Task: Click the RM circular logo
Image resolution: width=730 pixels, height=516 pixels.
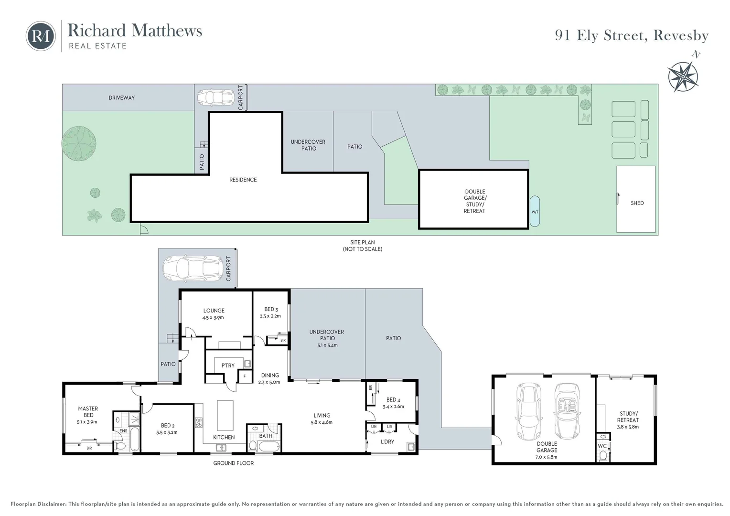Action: [41, 36]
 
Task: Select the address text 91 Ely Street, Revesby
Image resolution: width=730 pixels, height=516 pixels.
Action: [632, 35]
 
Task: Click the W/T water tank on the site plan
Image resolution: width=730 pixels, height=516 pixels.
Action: [535, 211]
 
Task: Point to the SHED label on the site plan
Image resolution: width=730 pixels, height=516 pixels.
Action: [637, 203]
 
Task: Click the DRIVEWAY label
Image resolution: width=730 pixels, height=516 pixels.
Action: [121, 98]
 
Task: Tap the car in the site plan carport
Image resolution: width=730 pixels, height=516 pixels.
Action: [216, 97]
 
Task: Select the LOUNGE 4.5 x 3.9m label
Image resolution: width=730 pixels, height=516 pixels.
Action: [214, 314]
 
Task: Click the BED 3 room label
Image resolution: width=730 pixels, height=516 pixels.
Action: [271, 309]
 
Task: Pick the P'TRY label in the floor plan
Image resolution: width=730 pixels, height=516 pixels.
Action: [228, 365]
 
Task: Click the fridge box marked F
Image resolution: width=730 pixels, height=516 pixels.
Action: [245, 376]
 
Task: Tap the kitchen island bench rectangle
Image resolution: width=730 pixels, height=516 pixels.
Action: [225, 416]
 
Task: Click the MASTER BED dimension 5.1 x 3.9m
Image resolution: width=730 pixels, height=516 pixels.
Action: [87, 422]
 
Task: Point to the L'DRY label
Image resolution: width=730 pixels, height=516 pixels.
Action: [387, 441]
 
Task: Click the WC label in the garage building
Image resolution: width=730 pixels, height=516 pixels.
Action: [602, 446]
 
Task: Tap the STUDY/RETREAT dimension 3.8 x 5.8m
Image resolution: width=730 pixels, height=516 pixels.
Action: [628, 427]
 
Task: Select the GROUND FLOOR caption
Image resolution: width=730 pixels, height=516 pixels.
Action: [233, 463]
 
